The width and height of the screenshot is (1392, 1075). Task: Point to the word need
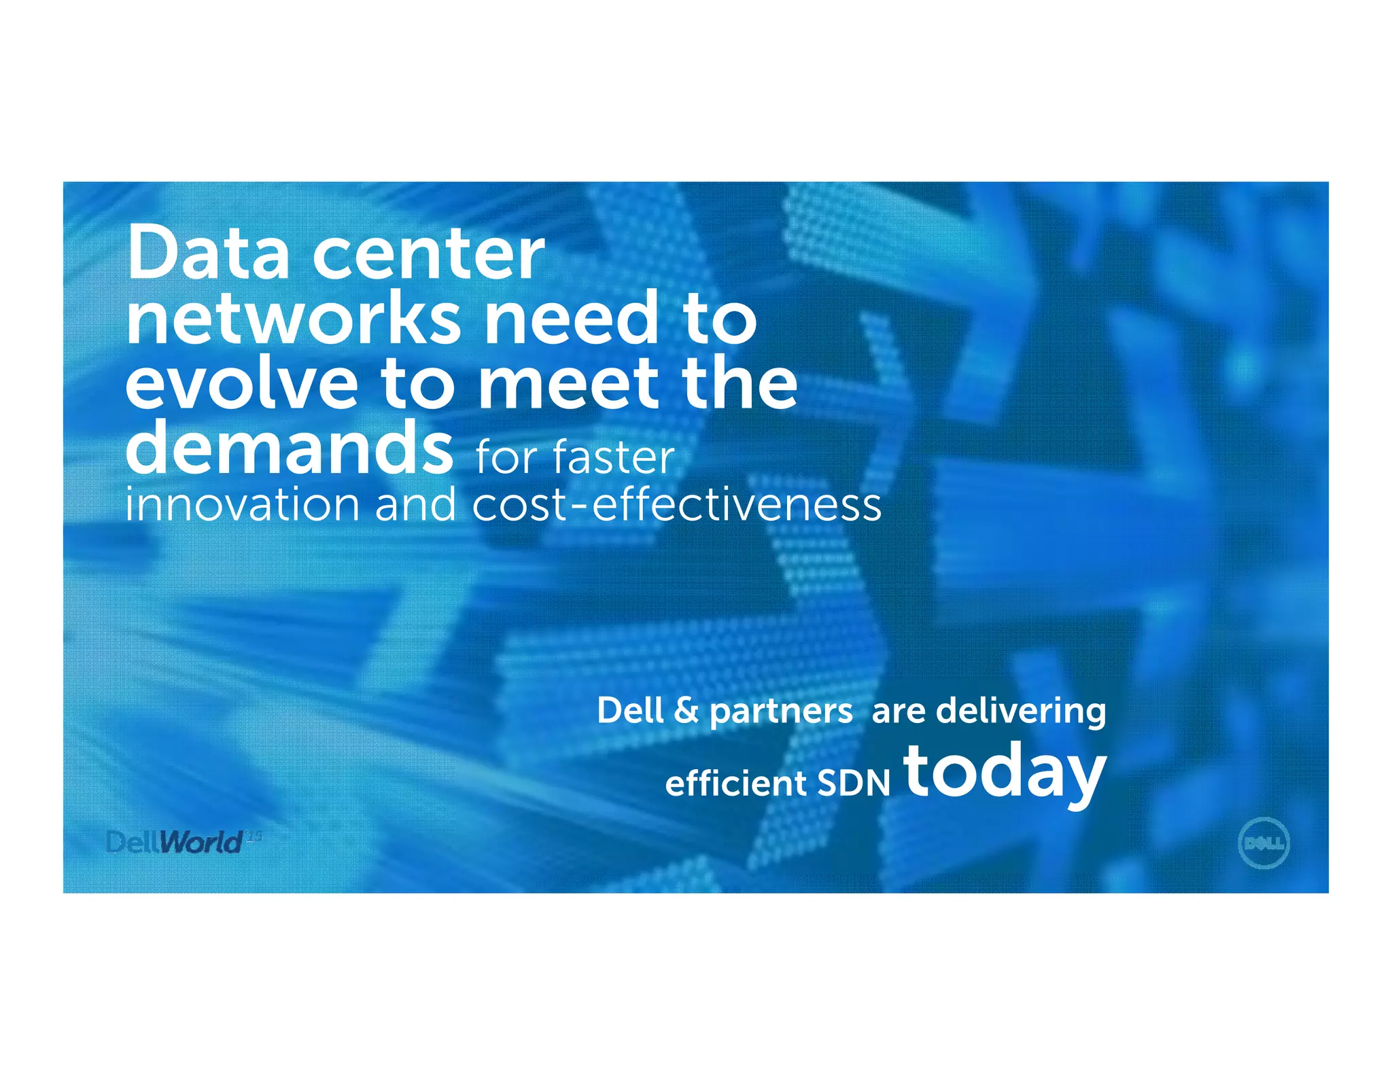point(571,318)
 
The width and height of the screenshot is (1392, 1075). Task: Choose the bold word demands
point(289,447)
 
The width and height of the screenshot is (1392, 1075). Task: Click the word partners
point(781,712)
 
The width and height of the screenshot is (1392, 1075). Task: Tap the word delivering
point(1021,712)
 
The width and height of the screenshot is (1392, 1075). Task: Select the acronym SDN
point(853,783)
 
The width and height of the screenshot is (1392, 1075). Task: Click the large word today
point(1005,773)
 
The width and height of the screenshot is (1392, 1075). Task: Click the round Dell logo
point(1264,843)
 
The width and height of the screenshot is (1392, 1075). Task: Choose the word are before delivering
point(898,712)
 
